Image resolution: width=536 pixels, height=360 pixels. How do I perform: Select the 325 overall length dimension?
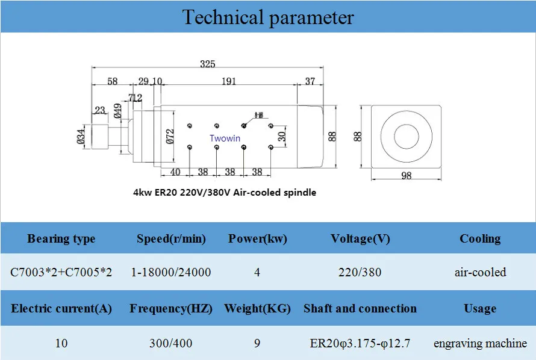point(208,64)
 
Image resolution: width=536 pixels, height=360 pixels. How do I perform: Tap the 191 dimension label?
point(229,81)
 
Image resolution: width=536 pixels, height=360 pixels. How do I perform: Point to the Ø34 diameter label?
point(81,136)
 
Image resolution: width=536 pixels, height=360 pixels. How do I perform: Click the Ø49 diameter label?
point(117,111)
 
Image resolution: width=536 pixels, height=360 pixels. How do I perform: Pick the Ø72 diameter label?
point(170,136)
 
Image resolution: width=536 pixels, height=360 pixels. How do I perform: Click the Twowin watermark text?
point(225,138)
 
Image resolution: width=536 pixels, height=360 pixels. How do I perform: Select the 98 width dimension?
point(406,176)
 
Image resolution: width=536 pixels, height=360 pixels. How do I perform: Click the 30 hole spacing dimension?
point(282,136)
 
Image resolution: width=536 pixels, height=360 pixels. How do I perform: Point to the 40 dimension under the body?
point(175,172)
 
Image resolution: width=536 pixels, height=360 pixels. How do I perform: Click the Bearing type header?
point(61,239)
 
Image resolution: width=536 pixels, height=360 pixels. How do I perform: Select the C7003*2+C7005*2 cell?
point(61,272)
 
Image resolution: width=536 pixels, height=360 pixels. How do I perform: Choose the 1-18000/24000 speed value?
point(171,272)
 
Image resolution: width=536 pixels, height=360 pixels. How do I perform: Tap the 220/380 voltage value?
point(360,272)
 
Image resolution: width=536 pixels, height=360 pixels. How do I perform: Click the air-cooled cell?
point(480,272)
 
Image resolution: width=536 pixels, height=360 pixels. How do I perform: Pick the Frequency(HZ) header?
point(171,309)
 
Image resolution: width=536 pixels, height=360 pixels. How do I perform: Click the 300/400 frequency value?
point(171,343)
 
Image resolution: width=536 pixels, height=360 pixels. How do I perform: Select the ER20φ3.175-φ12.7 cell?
point(360,343)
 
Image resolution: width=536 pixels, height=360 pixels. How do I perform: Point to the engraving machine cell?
point(480,343)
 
